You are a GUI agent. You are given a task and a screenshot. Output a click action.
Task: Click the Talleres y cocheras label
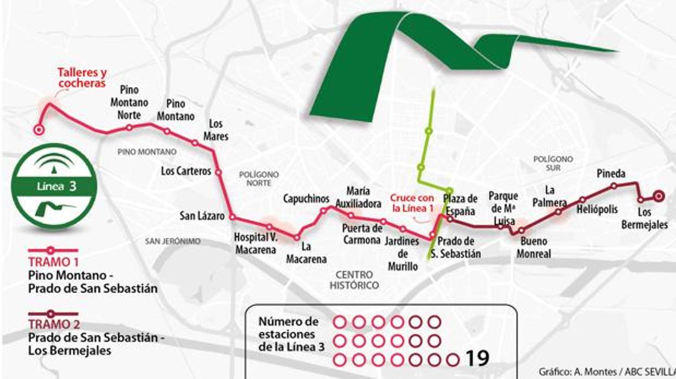[82, 78]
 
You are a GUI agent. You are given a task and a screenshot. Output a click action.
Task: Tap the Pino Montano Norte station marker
[129, 128]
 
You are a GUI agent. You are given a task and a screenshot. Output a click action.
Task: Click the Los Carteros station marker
[219, 172]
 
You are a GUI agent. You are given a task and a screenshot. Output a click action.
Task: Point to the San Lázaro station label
[202, 216]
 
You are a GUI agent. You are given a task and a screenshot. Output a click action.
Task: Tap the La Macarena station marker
[296, 237]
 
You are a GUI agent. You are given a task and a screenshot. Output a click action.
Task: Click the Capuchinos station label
[306, 199]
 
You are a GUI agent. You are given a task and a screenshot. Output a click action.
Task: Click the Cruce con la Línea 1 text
[412, 203]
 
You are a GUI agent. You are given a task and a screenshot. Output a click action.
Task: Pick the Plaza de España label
[460, 205]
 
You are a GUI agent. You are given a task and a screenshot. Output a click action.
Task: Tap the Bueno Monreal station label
[533, 247]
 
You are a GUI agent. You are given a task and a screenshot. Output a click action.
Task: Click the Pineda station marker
[614, 186]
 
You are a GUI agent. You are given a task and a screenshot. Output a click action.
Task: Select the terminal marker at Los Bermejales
[659, 196]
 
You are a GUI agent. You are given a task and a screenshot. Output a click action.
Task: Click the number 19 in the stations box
[477, 358]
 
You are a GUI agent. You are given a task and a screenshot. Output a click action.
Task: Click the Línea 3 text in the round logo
[56, 187]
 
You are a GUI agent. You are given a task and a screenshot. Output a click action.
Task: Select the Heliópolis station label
[594, 209]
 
